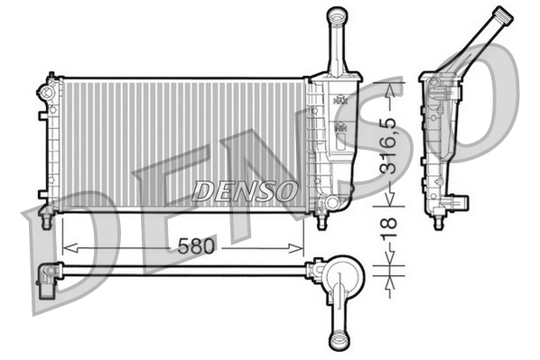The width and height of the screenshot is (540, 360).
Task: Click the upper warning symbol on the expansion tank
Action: (340, 101)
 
